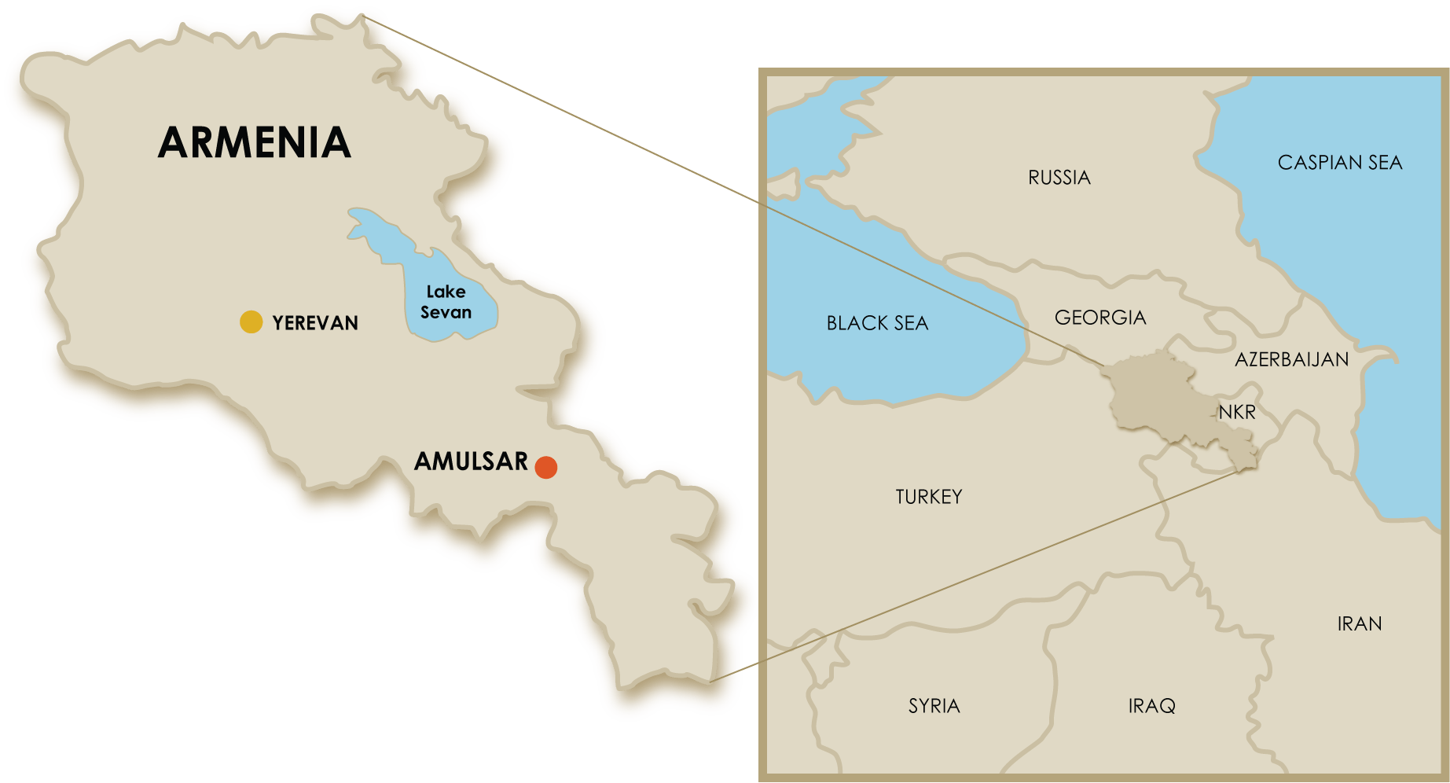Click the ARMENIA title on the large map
click(x=255, y=142)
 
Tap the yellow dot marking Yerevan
click(x=251, y=322)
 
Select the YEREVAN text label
click(x=315, y=323)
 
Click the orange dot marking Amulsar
click(x=546, y=467)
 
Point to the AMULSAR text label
click(x=471, y=461)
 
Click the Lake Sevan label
click(x=446, y=302)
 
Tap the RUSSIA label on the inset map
click(x=1059, y=178)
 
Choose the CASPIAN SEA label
click(x=1339, y=163)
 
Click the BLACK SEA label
click(x=877, y=323)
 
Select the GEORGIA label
click(x=1099, y=318)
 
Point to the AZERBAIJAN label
click(x=1291, y=360)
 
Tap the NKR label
click(x=1237, y=412)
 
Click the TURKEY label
click(x=928, y=497)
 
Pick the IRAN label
click(x=1359, y=624)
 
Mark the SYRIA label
click(x=934, y=706)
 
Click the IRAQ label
click(x=1151, y=706)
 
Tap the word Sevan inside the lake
click(x=446, y=312)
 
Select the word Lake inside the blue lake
click(x=446, y=292)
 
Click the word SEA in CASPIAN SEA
click(x=1385, y=163)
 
